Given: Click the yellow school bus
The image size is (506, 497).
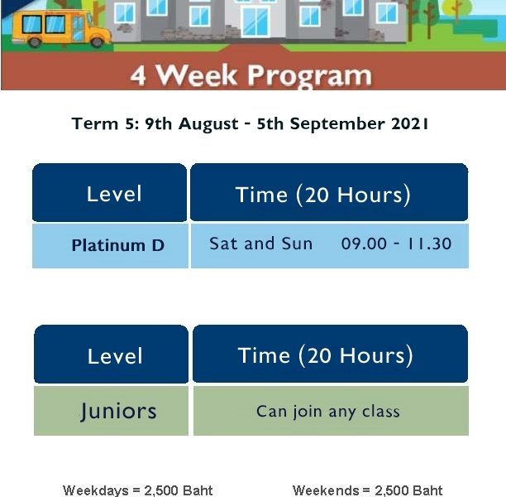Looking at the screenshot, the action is pyautogui.click(x=61, y=28).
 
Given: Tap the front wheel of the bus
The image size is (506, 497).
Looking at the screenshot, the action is pyautogui.click(x=97, y=42).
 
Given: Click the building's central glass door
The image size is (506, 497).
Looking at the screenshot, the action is pyautogui.click(x=255, y=22).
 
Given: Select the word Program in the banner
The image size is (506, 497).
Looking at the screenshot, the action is pyautogui.click(x=309, y=76).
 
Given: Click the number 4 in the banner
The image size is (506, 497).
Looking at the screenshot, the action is pyautogui.click(x=138, y=75).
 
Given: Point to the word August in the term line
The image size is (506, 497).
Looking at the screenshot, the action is pyautogui.click(x=208, y=124).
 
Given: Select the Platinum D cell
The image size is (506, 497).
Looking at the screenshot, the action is pyautogui.click(x=110, y=246).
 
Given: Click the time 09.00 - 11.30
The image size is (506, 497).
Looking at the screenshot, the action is pyautogui.click(x=396, y=244).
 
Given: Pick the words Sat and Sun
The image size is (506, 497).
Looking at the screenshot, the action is pyautogui.click(x=260, y=244).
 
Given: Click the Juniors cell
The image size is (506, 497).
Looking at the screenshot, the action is pyautogui.click(x=111, y=411).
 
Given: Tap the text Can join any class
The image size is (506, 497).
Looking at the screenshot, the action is pyautogui.click(x=328, y=412).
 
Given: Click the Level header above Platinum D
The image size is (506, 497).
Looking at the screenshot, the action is pyautogui.click(x=109, y=193).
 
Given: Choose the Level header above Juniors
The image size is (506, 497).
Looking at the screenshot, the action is pyautogui.click(x=111, y=354).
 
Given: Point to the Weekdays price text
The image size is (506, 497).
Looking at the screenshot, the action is pyautogui.click(x=138, y=490).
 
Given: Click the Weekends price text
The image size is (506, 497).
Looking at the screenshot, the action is pyautogui.click(x=367, y=490).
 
